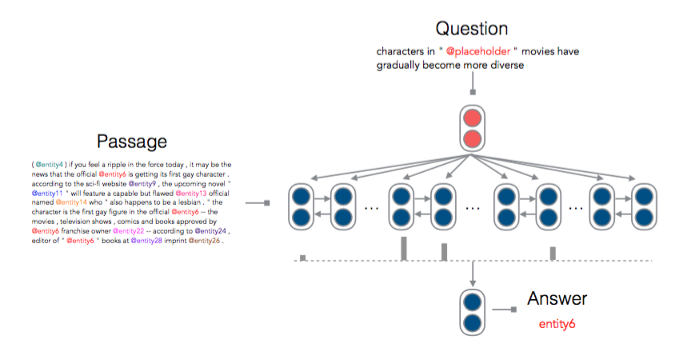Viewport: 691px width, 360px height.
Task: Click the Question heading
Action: tap(472, 29)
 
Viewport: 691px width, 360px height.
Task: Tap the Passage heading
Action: tap(132, 142)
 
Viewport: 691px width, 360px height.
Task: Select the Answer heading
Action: tap(557, 298)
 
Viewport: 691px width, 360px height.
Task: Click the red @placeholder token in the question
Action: tap(478, 51)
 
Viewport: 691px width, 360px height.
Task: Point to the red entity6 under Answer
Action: tap(557, 324)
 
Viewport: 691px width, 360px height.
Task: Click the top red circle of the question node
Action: tap(473, 118)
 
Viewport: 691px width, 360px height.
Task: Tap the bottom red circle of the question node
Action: tap(473, 139)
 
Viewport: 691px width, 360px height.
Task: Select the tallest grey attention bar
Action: tap(404, 249)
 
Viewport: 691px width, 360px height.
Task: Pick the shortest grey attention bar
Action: tap(303, 258)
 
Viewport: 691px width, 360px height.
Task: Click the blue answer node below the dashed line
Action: tap(473, 313)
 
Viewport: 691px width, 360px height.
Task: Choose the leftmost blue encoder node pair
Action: tap(302, 207)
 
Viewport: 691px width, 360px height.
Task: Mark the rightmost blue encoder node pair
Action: tap(644, 207)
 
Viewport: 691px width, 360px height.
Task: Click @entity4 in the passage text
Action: tap(50, 165)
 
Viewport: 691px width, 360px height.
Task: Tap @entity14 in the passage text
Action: tap(71, 202)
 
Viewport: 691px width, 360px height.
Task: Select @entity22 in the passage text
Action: tap(128, 231)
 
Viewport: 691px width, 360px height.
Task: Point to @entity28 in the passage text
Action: tap(146, 241)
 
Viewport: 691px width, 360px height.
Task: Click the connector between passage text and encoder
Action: tap(258, 203)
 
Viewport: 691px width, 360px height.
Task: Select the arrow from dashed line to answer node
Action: tap(473, 274)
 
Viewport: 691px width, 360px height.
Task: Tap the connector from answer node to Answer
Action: tap(504, 310)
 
